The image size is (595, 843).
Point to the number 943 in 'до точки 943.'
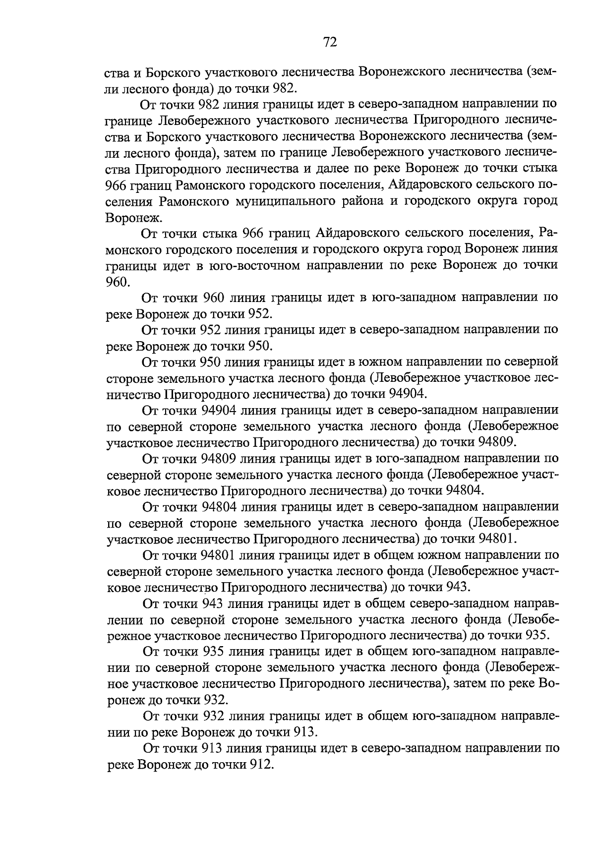pyautogui.click(x=455, y=587)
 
